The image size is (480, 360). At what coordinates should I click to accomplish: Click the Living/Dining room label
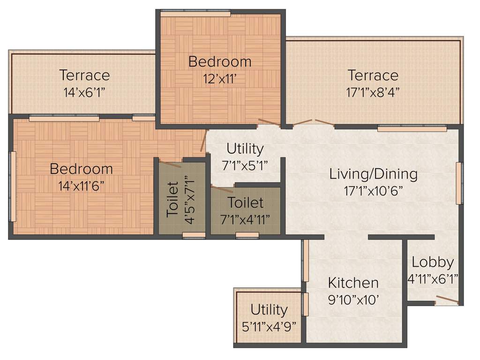(x=373, y=174)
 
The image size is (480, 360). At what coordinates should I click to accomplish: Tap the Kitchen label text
(x=353, y=283)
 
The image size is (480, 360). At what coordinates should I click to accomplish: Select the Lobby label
(x=433, y=262)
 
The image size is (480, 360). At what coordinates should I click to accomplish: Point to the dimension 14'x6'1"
(x=84, y=92)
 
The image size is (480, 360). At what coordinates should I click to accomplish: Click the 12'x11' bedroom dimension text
(x=220, y=79)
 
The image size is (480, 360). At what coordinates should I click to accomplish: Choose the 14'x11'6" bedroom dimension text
(x=81, y=186)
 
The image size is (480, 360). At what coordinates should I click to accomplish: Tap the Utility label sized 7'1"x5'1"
(x=245, y=149)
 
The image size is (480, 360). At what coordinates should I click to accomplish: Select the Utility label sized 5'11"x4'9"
(x=269, y=310)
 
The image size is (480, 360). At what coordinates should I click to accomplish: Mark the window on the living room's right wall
(x=459, y=183)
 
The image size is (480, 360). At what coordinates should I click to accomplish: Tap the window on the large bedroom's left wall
(x=13, y=186)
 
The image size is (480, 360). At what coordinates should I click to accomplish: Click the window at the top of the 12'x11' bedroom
(x=195, y=14)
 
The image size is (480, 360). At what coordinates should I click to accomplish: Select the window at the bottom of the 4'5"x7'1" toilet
(x=194, y=235)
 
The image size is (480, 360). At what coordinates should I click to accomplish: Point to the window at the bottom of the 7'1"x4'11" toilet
(x=247, y=235)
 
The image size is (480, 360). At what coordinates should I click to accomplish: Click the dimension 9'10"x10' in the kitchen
(x=353, y=300)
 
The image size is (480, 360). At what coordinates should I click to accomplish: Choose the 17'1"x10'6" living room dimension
(x=373, y=190)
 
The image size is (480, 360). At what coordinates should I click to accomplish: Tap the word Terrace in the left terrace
(x=84, y=75)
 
